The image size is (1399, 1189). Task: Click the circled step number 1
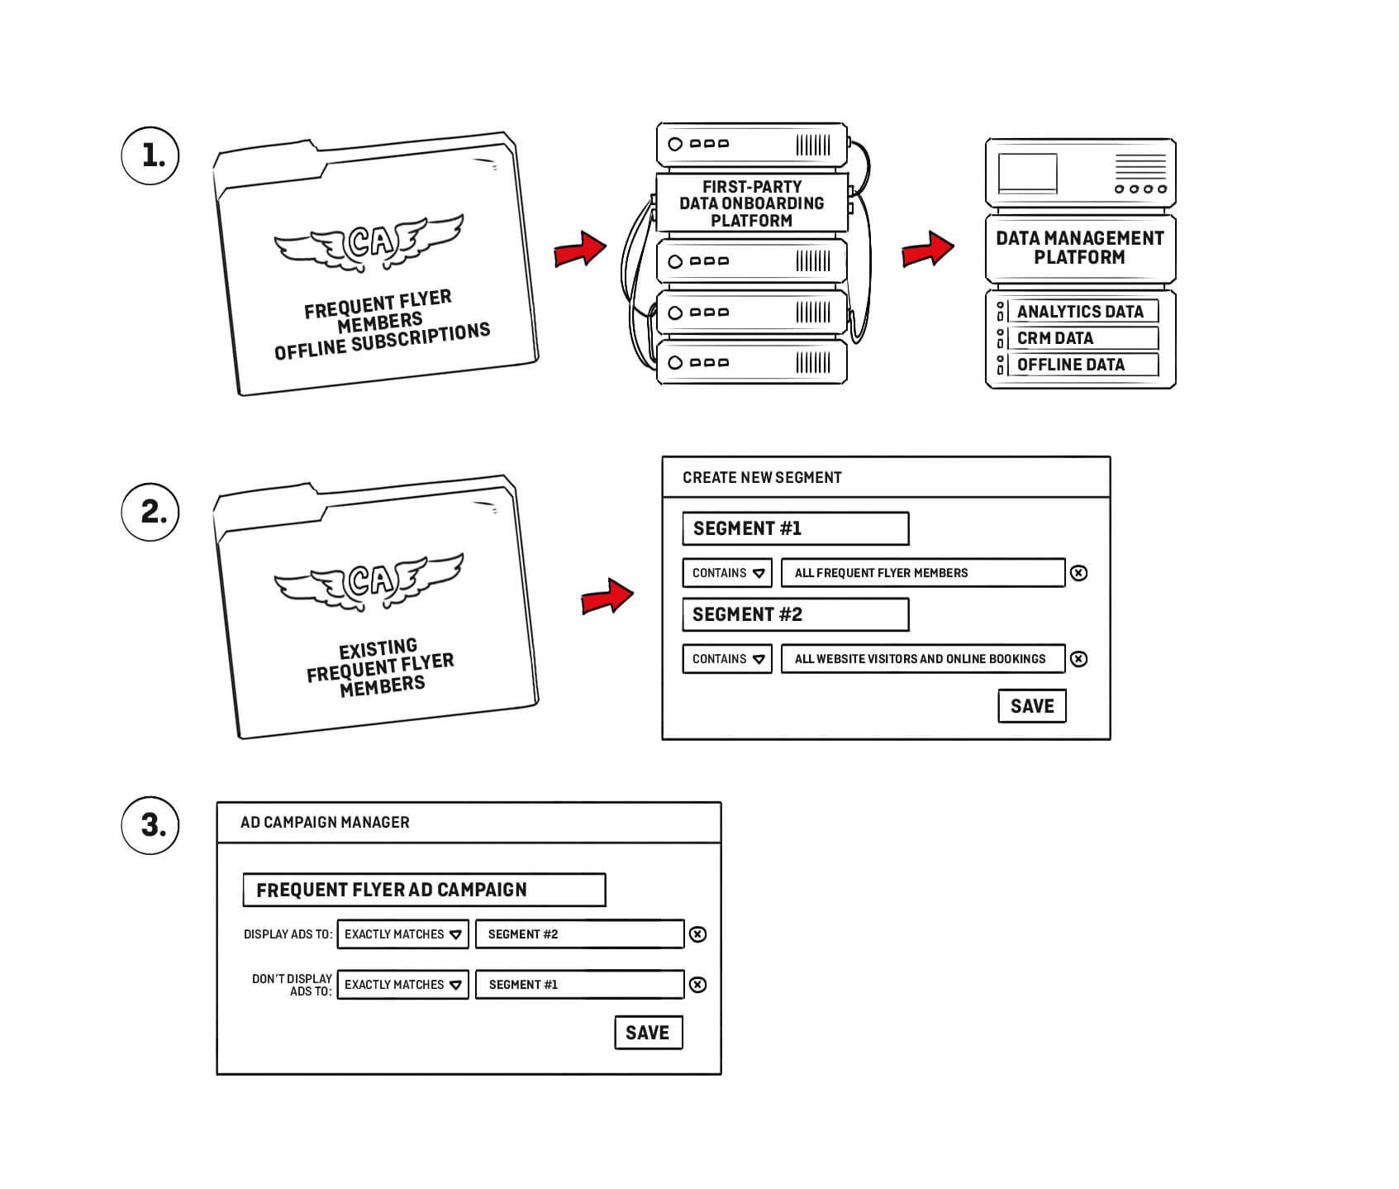[x=150, y=155]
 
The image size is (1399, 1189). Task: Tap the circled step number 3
[x=150, y=824]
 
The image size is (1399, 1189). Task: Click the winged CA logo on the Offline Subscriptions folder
[x=369, y=242]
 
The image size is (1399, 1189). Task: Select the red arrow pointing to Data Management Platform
[x=927, y=249]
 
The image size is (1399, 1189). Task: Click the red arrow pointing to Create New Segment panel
[x=607, y=596]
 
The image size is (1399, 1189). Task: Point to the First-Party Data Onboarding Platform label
[x=751, y=203]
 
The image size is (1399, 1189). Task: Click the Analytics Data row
[x=1081, y=312]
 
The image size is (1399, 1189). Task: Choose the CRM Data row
[x=1081, y=338]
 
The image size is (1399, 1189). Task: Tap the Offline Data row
[x=1081, y=365]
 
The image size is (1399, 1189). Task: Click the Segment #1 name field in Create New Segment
[x=795, y=528]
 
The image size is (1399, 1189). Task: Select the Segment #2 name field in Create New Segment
[x=795, y=614]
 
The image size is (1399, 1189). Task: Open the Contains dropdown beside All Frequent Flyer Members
[x=727, y=573]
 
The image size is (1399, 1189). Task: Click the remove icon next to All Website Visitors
[x=1078, y=659]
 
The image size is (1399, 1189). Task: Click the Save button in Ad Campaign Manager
[x=648, y=1033]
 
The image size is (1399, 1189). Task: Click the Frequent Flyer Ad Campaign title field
[x=424, y=890]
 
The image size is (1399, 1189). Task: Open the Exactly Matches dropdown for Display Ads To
[x=402, y=934]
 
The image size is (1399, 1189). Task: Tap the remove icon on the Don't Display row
[x=698, y=985]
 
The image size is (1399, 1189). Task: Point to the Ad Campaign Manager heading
[x=325, y=823]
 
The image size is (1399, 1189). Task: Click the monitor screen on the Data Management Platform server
[x=1027, y=173]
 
